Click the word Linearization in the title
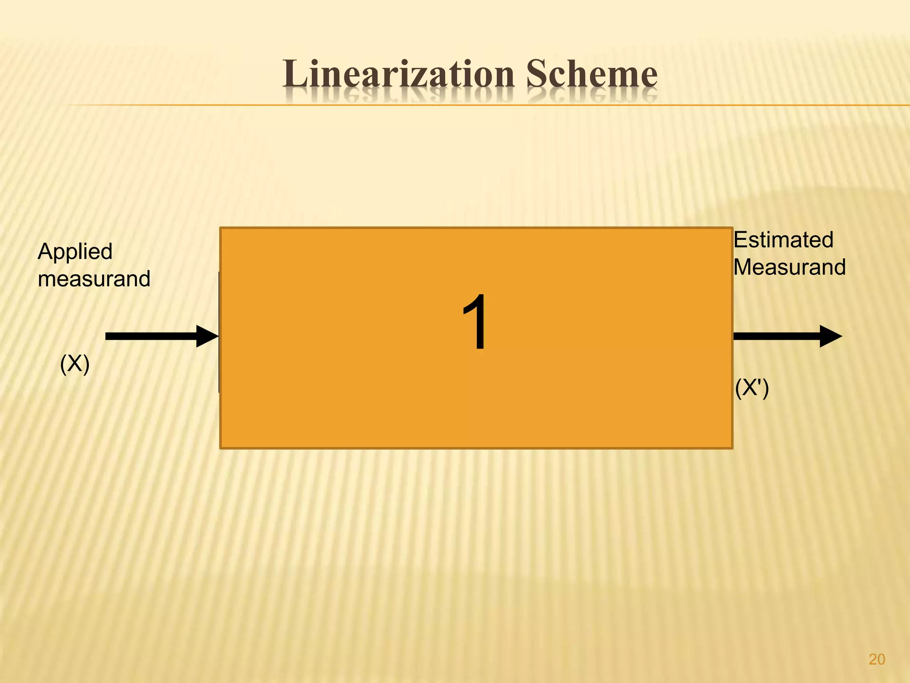pos(398,74)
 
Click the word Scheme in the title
pos(591,74)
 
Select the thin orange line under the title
pos(489,105)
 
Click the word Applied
pos(75,252)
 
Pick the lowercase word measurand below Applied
pos(94,279)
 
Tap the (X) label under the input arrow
pos(75,364)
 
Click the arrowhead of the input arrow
pos(207,336)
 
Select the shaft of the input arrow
pos(151,336)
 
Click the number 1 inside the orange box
pos(475,322)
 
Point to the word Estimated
pos(783,240)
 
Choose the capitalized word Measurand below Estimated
pos(790,268)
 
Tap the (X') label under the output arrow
pos(752,388)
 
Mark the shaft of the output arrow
pos(776,336)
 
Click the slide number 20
pos(877,659)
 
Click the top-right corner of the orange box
pos(731,229)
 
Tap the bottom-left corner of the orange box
pos(221,447)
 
